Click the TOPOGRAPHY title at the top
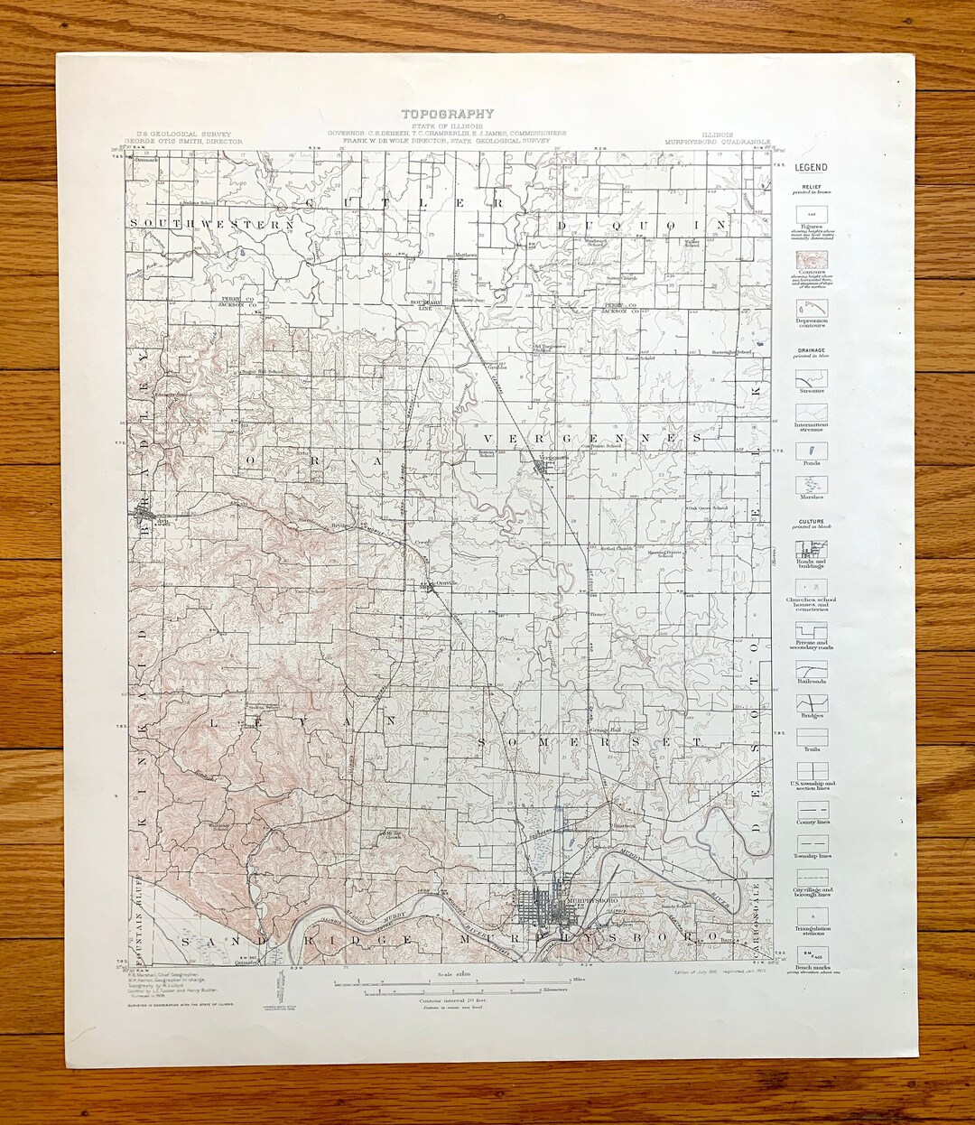coord(448,114)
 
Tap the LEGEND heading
coord(811,167)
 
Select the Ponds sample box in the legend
coord(811,447)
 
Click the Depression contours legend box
coord(811,307)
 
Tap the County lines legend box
coord(811,812)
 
